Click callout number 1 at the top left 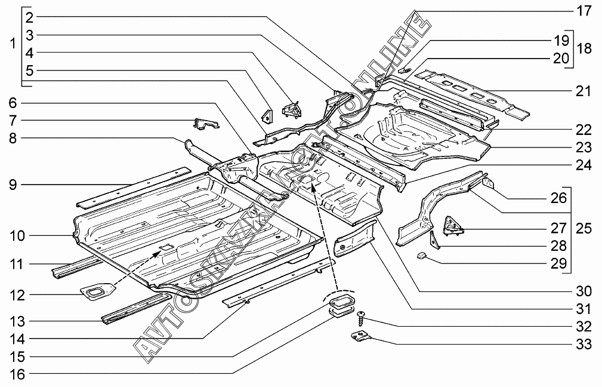pos(12,44)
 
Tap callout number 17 pos(583,10)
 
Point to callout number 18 pos(585,48)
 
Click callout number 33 pos(583,344)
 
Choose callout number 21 pos(583,91)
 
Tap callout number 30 pos(583,291)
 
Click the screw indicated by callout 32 pos(362,314)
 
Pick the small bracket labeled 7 pos(205,124)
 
